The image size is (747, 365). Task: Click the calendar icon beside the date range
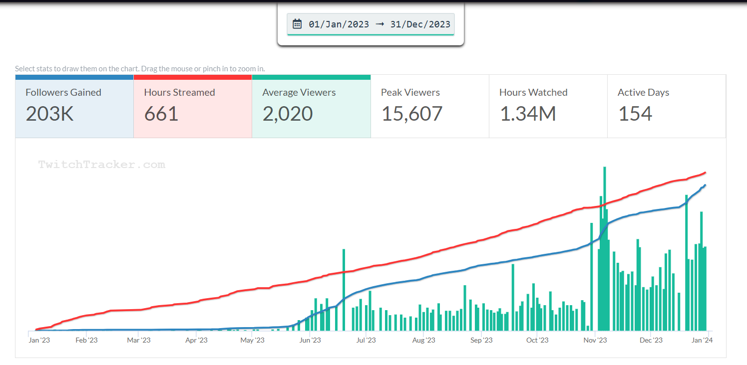(297, 24)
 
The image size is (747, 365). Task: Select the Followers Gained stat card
(74, 106)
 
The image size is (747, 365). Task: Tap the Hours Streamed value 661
(161, 114)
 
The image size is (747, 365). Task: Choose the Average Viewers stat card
(311, 106)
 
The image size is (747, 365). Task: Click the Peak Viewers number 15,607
(412, 114)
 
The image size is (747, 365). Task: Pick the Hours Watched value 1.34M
(528, 114)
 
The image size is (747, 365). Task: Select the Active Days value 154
(635, 114)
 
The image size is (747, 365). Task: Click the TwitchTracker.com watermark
(102, 165)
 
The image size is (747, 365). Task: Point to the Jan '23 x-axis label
(39, 341)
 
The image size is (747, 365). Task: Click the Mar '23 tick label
(139, 341)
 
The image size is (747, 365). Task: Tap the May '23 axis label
(253, 341)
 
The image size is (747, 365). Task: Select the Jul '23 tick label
(366, 341)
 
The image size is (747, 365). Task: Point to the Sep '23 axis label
(481, 341)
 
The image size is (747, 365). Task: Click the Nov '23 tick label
(595, 341)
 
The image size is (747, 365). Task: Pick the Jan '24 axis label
(702, 341)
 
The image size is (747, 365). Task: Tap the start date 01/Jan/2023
(339, 24)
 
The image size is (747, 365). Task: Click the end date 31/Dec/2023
(420, 24)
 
